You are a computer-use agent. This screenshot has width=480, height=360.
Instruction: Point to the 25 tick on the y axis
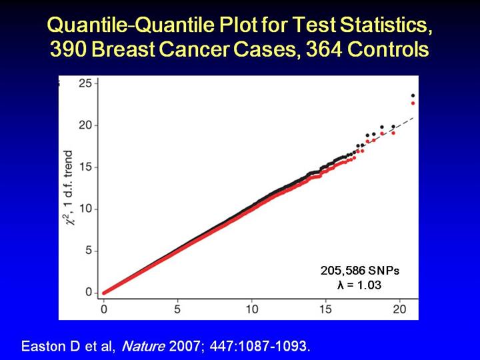(x=85, y=83)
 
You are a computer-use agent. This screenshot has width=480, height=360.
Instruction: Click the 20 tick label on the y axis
(x=85, y=125)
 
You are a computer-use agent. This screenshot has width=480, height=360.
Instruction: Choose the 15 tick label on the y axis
(x=85, y=167)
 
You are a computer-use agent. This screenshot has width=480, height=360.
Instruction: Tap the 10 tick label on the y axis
(x=85, y=209)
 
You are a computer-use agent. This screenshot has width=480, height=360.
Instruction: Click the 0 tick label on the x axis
(x=104, y=309)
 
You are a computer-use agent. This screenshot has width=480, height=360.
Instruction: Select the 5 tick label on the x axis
(x=178, y=309)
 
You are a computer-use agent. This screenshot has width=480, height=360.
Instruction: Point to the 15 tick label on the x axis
(x=326, y=309)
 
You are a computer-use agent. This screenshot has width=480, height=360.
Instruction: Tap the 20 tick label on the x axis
(x=399, y=309)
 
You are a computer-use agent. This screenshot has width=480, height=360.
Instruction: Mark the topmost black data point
(x=413, y=96)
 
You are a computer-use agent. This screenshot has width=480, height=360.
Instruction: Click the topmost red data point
(x=413, y=103)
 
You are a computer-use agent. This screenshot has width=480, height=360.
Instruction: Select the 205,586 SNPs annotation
(x=360, y=271)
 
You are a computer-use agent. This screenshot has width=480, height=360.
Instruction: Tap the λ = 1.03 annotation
(x=360, y=285)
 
